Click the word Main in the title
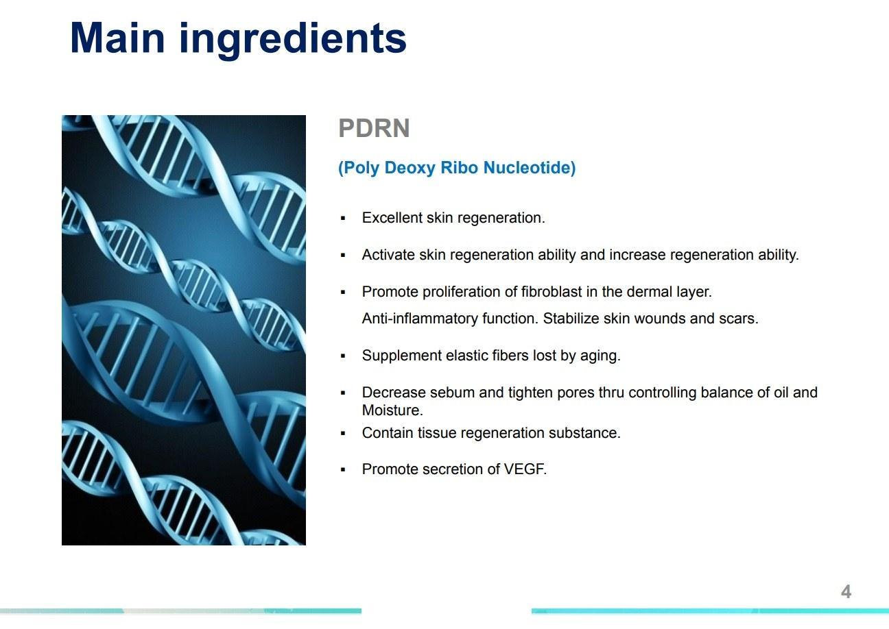[117, 38]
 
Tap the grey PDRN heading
[374, 128]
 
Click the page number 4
[846, 592]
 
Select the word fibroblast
[552, 292]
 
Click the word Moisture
[392, 410]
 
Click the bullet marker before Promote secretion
[343, 470]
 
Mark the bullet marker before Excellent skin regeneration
[343, 219]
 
